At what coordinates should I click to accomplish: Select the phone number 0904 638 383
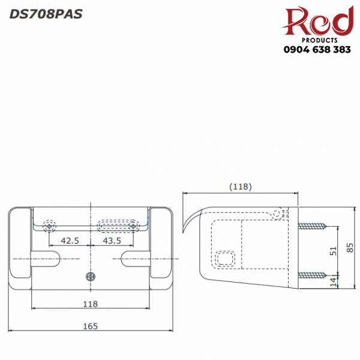coord(317,50)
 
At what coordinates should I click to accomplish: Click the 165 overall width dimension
coord(90,326)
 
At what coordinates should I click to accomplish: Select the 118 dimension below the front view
coord(90,304)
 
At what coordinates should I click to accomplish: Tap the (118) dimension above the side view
coord(240,187)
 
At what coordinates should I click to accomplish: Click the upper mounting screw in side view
coord(313,227)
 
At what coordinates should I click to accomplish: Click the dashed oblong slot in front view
coord(117,225)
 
